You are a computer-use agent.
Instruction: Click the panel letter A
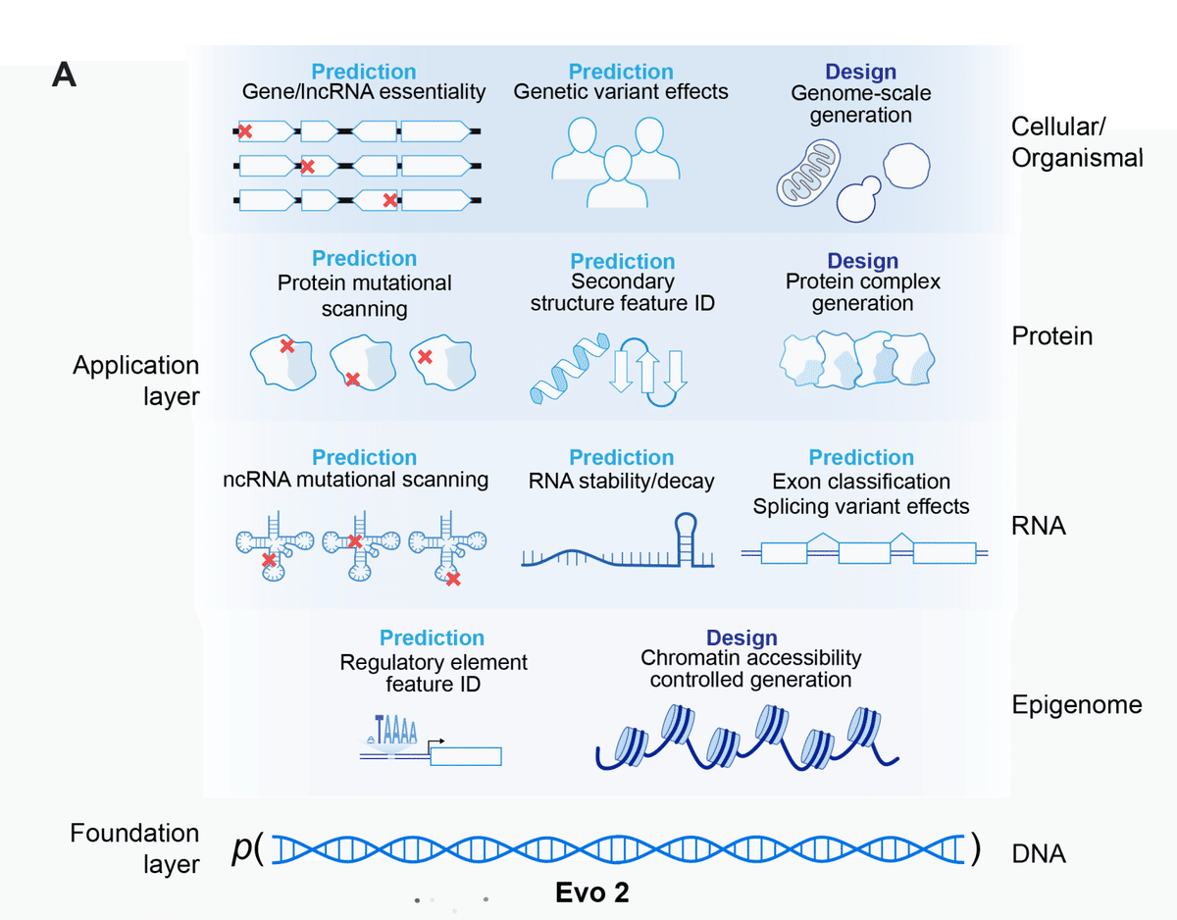coord(64,75)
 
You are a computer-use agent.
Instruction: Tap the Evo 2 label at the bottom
coord(591,893)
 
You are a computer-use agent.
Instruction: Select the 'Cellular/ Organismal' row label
coord(1077,141)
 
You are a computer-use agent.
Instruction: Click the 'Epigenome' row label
coord(1077,704)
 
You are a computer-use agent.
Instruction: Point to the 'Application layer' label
coord(135,381)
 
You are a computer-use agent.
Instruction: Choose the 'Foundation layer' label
coord(134,848)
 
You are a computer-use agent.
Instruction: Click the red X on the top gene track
coord(245,130)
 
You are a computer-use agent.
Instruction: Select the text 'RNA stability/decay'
coord(621,481)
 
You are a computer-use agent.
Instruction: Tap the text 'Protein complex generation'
coord(862,292)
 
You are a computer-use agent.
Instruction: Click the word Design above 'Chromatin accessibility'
coord(742,639)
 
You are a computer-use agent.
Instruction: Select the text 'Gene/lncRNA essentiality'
coord(364,92)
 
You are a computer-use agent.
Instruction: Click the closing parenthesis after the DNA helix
coord(974,849)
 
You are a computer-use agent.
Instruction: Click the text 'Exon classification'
coord(860,482)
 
